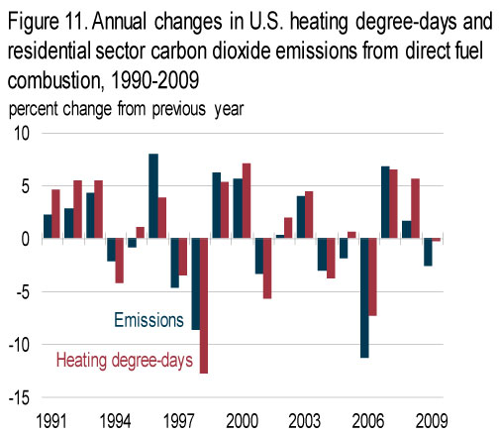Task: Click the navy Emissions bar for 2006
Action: (x=364, y=298)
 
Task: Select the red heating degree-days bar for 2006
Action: (x=372, y=276)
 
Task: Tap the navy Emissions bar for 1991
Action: (x=48, y=226)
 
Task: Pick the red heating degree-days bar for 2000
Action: (x=247, y=201)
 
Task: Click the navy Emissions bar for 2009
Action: (x=428, y=252)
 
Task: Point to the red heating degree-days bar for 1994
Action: (x=119, y=261)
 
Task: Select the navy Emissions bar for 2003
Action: (x=301, y=217)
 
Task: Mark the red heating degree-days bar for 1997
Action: (x=183, y=257)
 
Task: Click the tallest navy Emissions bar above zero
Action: (x=153, y=196)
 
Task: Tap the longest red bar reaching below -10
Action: (x=204, y=305)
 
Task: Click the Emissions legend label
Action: (x=149, y=320)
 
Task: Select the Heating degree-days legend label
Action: (x=125, y=361)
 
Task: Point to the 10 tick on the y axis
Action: (x=22, y=134)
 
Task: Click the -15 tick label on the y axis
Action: (x=19, y=397)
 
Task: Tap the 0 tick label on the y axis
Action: (x=26, y=239)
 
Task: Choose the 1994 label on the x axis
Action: (x=115, y=421)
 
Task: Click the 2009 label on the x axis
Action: (x=432, y=421)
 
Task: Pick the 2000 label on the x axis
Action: (x=242, y=421)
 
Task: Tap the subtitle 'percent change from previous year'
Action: (x=126, y=109)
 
